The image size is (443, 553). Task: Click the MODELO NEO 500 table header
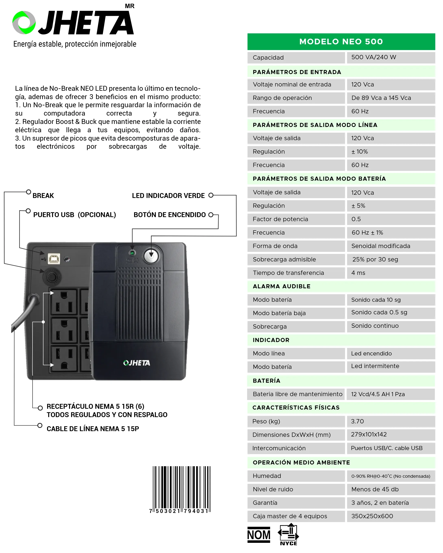coord(341,42)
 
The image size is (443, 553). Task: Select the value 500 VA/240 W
coord(373,57)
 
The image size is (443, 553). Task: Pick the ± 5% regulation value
coord(358,206)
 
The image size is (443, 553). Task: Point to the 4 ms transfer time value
coord(358,273)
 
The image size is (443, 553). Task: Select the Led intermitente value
coord(375,366)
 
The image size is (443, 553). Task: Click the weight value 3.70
coord(357,421)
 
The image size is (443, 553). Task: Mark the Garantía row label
coord(265,503)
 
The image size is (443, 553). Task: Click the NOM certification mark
coord(258,535)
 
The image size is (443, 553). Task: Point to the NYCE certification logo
coord(289,534)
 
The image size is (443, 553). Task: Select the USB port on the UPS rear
coord(54,259)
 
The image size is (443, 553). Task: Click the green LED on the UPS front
coord(132,253)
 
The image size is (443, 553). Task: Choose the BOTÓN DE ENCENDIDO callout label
coord(169,215)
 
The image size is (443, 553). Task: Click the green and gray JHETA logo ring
coord(24,23)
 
